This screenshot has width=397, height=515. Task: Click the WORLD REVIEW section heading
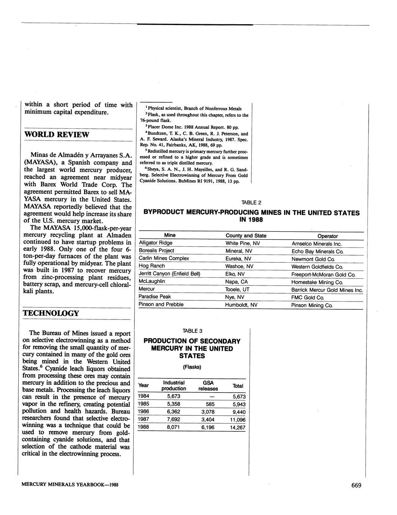coord(56,134)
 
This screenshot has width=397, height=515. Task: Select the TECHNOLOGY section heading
coord(51,313)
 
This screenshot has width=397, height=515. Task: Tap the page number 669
coord(356,485)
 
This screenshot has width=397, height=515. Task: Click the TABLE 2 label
coord(251,203)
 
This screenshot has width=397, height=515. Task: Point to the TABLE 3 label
coord(192,331)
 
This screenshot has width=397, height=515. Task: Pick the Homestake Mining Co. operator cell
coord(317,283)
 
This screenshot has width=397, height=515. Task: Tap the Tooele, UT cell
coord(237,289)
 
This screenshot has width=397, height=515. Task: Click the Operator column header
coord(327,236)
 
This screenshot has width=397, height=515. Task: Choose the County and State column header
coord(246,235)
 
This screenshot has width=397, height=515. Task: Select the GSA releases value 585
coord(210,404)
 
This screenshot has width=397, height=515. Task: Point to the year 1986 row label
coord(144,412)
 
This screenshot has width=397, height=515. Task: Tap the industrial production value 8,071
coord(173,427)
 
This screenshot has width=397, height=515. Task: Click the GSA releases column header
coord(208,386)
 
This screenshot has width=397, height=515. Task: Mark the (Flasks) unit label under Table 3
coord(192,367)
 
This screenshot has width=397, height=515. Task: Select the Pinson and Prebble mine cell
coord(161,305)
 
